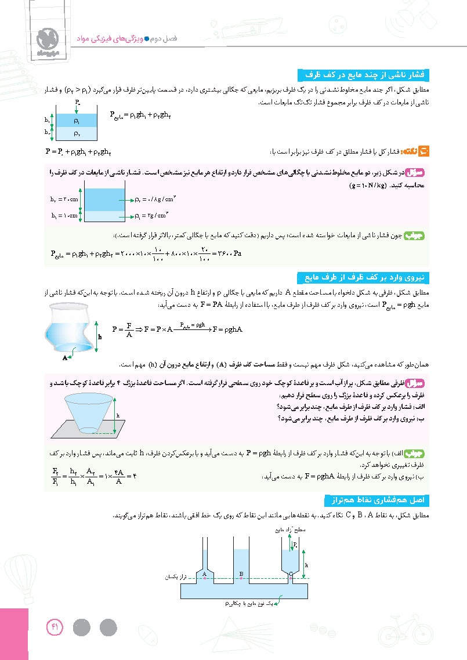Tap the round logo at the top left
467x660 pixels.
(x=45, y=39)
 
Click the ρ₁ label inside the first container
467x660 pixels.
(x=77, y=121)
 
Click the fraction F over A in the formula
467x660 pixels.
(x=131, y=330)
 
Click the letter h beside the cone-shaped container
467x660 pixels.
(x=118, y=415)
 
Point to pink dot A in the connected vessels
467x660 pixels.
(x=204, y=578)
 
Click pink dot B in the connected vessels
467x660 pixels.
(x=241, y=578)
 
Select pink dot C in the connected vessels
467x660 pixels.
(x=291, y=578)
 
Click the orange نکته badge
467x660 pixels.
(x=424, y=152)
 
